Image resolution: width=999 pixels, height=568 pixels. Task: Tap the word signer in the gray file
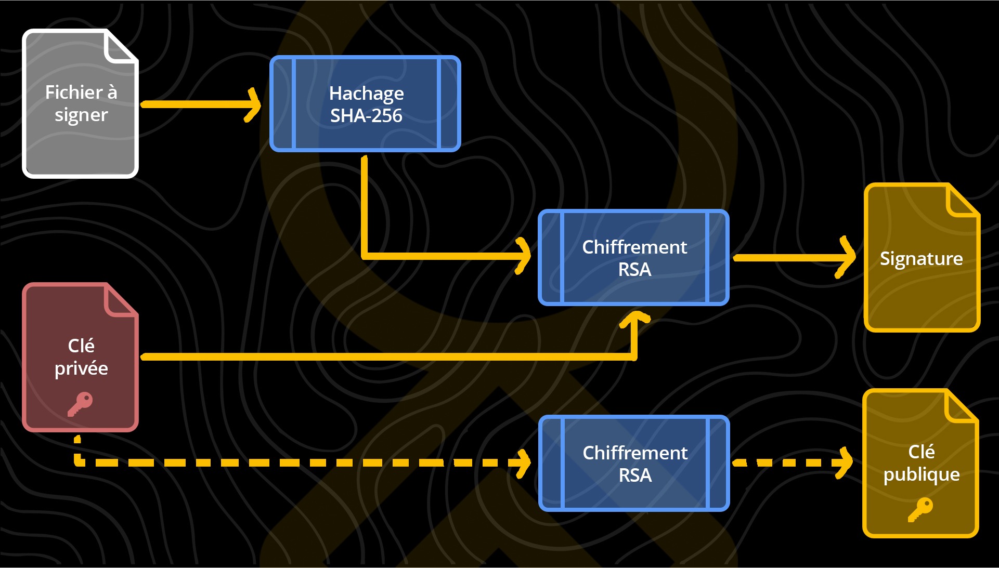(81, 115)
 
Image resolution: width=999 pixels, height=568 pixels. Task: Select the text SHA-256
(366, 116)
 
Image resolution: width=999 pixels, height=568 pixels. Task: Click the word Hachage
(366, 94)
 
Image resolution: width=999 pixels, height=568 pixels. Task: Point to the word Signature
(921, 259)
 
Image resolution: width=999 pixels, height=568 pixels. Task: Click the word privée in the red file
(81, 368)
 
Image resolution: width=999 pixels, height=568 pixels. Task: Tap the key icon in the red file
(80, 404)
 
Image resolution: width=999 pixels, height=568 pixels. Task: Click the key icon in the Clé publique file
(920, 509)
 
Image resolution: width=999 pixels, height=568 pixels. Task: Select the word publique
(921, 474)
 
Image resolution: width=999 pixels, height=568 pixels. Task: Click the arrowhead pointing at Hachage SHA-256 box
(254, 104)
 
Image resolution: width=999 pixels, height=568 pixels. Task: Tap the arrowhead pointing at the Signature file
(848, 257)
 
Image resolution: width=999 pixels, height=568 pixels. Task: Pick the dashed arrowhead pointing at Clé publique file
(845, 463)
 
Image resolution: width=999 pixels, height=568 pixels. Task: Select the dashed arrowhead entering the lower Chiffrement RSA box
(523, 463)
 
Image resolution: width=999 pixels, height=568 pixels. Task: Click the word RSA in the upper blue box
(634, 270)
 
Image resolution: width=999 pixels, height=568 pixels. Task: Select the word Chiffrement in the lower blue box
(635, 453)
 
